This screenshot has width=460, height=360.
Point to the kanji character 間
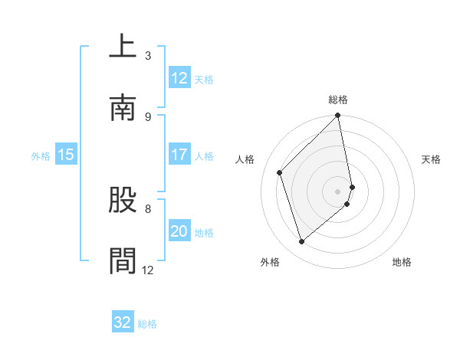pos(123,260)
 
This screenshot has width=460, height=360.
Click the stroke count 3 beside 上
pos(148,55)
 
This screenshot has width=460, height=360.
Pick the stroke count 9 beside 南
pos(148,116)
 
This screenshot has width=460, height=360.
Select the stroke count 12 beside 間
pos(148,270)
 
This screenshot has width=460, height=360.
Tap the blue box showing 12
pos(179,78)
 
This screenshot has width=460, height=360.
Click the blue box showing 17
pos(179,155)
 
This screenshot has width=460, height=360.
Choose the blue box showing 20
pos(179,231)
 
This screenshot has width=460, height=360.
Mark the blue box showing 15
pos(65,155)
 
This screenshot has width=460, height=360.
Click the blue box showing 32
pos(122,322)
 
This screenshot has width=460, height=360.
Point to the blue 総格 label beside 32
pos(147,324)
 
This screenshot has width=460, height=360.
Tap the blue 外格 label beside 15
pos(41,156)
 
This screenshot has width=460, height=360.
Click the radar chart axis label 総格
pos(338,100)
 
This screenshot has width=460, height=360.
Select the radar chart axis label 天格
pos(432,159)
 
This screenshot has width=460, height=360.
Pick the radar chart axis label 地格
pos(402,262)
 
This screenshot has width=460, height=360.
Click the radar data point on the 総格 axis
pos(338,116)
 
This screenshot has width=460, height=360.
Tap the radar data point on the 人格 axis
pos(280,172)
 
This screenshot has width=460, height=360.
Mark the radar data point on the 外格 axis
pos(302,241)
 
